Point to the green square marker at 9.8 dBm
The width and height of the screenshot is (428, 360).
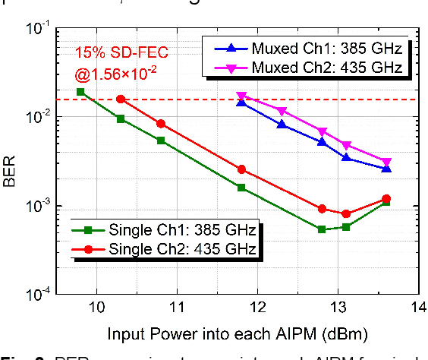tap(80, 92)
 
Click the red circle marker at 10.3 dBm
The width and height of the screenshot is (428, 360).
tap(121, 99)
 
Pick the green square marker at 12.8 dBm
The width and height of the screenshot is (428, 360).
tap(322, 229)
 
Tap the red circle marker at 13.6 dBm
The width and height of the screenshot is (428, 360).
tap(386, 199)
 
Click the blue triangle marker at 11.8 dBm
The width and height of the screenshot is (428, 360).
tap(241, 102)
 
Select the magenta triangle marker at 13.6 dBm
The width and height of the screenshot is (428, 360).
tap(386, 163)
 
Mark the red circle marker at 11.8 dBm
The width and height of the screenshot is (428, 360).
tap(241, 169)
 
